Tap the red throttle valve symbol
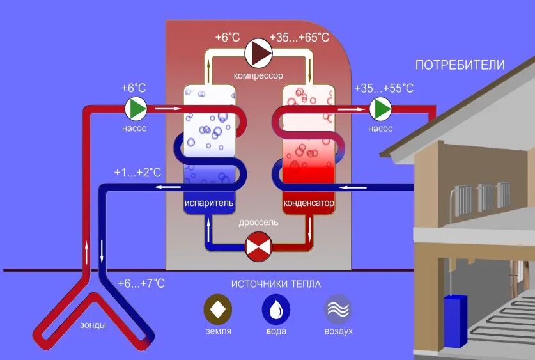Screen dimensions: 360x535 [x=259, y=246]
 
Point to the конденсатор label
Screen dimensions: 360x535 [x=309, y=203]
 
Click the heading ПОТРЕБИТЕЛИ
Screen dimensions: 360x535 [x=460, y=65]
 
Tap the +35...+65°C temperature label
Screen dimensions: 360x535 [x=300, y=37]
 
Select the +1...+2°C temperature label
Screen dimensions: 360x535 [x=137, y=173]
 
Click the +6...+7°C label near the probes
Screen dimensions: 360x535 [x=141, y=283]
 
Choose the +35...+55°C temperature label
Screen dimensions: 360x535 [x=384, y=88]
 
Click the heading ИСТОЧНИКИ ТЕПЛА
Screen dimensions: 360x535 [x=276, y=284]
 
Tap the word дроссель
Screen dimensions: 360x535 [x=258, y=223]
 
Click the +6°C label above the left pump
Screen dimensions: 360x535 [x=134, y=88]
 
